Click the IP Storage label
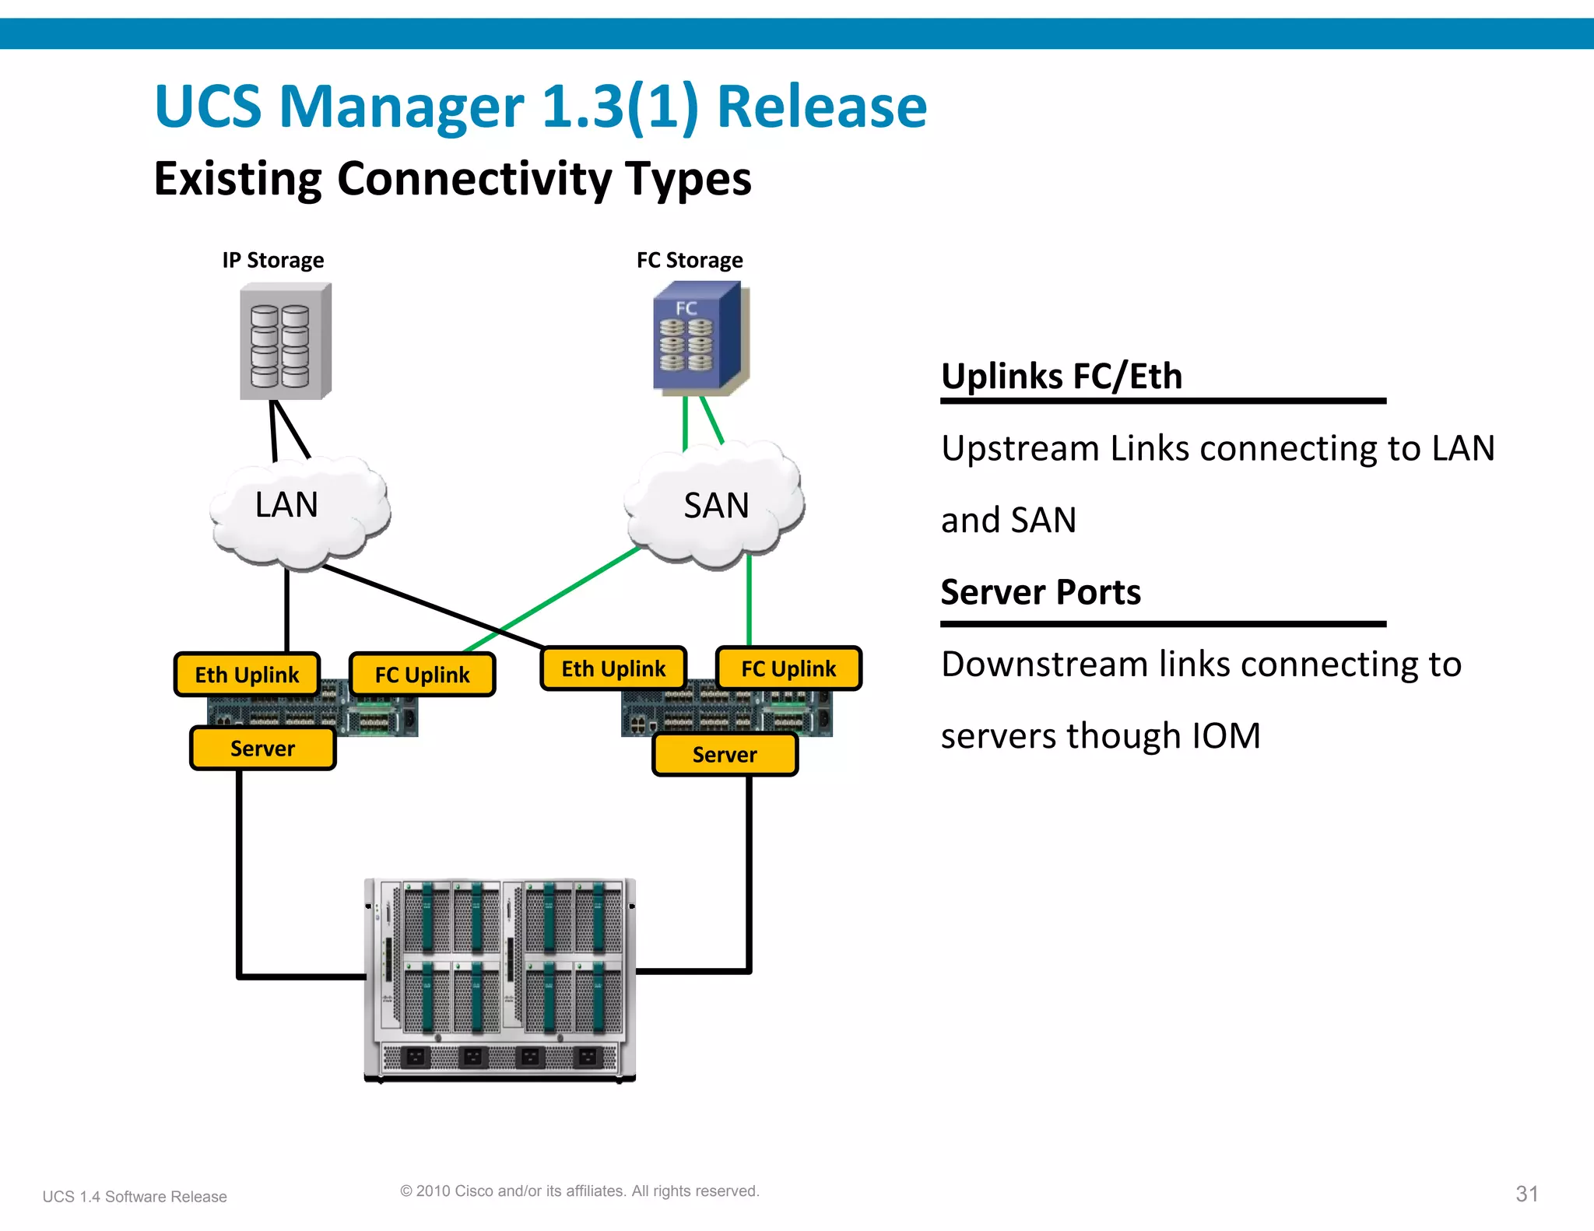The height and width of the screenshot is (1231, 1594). pos(272,260)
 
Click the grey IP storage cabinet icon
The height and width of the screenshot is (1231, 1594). pos(285,342)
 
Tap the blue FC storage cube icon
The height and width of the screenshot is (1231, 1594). pos(697,339)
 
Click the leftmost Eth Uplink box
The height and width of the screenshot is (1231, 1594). pos(247,675)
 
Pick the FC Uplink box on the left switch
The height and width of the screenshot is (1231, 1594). pos(422,675)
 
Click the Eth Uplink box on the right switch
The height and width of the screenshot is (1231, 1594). pos(613,668)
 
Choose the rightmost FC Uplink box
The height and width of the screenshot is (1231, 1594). pos(788,668)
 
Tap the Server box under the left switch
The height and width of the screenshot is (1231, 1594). pos(262,749)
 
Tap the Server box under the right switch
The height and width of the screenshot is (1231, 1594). pos(725,755)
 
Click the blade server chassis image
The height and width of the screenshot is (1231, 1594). pos(500,979)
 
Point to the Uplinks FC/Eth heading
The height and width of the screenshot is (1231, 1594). pos(1062,377)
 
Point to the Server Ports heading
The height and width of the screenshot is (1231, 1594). pos(1041,592)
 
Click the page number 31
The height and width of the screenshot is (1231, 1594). pos(1526,1194)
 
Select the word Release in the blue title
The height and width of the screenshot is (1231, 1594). pos(821,107)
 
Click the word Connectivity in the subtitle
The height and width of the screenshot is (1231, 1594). pos(474,179)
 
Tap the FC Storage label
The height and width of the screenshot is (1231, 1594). pos(689,260)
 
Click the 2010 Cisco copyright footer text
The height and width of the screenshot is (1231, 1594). pos(579,1191)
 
